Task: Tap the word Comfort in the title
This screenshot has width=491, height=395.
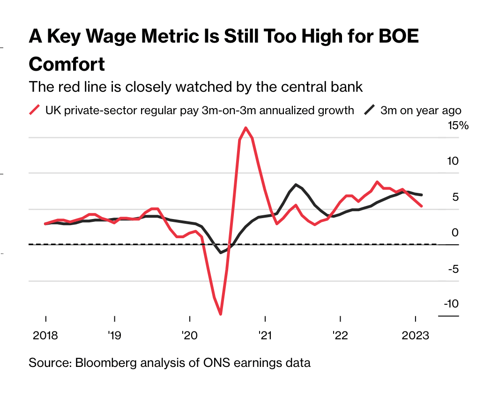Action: (x=67, y=64)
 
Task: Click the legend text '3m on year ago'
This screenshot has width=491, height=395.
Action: (x=421, y=110)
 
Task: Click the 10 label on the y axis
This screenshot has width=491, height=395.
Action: (x=452, y=161)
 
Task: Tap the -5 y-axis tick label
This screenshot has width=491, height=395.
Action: (x=452, y=269)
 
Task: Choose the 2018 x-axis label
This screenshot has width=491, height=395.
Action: (x=45, y=336)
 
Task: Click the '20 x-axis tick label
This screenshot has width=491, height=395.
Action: (x=189, y=336)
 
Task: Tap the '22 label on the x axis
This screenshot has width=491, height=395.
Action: (x=340, y=336)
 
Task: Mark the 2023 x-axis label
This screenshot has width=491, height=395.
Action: (x=416, y=336)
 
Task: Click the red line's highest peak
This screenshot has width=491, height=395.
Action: (x=245, y=127)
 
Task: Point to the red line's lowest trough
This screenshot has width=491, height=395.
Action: (x=220, y=314)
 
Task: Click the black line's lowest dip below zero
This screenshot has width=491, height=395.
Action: (x=221, y=253)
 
